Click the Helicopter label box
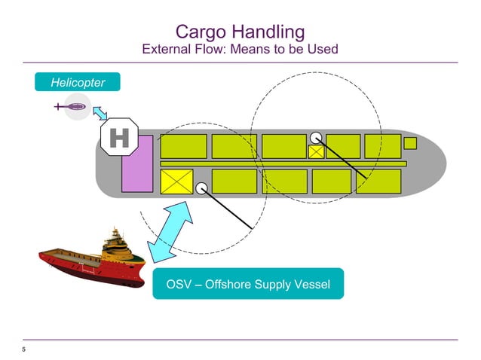coord(77,82)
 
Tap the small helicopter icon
coord(74,108)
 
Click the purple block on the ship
coord(137,163)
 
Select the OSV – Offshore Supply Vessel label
coord(248,284)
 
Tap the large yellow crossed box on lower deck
coord(177,182)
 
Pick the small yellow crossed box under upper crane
coord(317,152)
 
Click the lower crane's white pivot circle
coord(201,188)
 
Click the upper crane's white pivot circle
coord(316,138)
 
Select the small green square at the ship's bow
coord(410,143)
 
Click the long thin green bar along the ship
coord(283,163)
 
